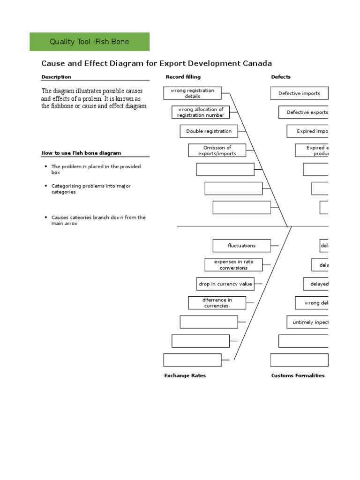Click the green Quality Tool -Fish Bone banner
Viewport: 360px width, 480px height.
pyautogui.click(x=90, y=42)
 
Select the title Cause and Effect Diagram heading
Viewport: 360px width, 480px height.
pyautogui.click(x=157, y=63)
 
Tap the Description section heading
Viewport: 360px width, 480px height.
pyautogui.click(x=56, y=77)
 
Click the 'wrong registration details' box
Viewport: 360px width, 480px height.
pyautogui.click(x=192, y=93)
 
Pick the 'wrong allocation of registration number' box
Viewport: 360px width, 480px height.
pyautogui.click(x=201, y=112)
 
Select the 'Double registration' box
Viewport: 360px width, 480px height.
pyautogui.click(x=209, y=131)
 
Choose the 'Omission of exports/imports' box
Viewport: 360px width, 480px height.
pyautogui.click(x=217, y=150)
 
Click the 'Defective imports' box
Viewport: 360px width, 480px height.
pyautogui.click(x=299, y=93)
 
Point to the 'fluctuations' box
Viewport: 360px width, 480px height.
pyautogui.click(x=241, y=246)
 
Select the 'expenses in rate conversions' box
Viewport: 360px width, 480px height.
pyautogui.click(x=233, y=265)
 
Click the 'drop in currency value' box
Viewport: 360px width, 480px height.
pyautogui.click(x=225, y=284)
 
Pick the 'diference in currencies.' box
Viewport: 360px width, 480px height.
pyautogui.click(x=217, y=303)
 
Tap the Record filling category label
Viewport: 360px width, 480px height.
pyautogui.click(x=183, y=77)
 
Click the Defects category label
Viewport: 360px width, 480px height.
pyautogui.click(x=281, y=77)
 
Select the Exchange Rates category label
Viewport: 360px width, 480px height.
pyautogui.click(x=185, y=375)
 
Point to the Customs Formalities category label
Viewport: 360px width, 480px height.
pyautogui.click(x=298, y=375)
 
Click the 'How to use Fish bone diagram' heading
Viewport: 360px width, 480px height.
pyautogui.click(x=81, y=153)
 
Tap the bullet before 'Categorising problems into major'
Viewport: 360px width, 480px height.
pyautogui.click(x=45, y=186)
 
